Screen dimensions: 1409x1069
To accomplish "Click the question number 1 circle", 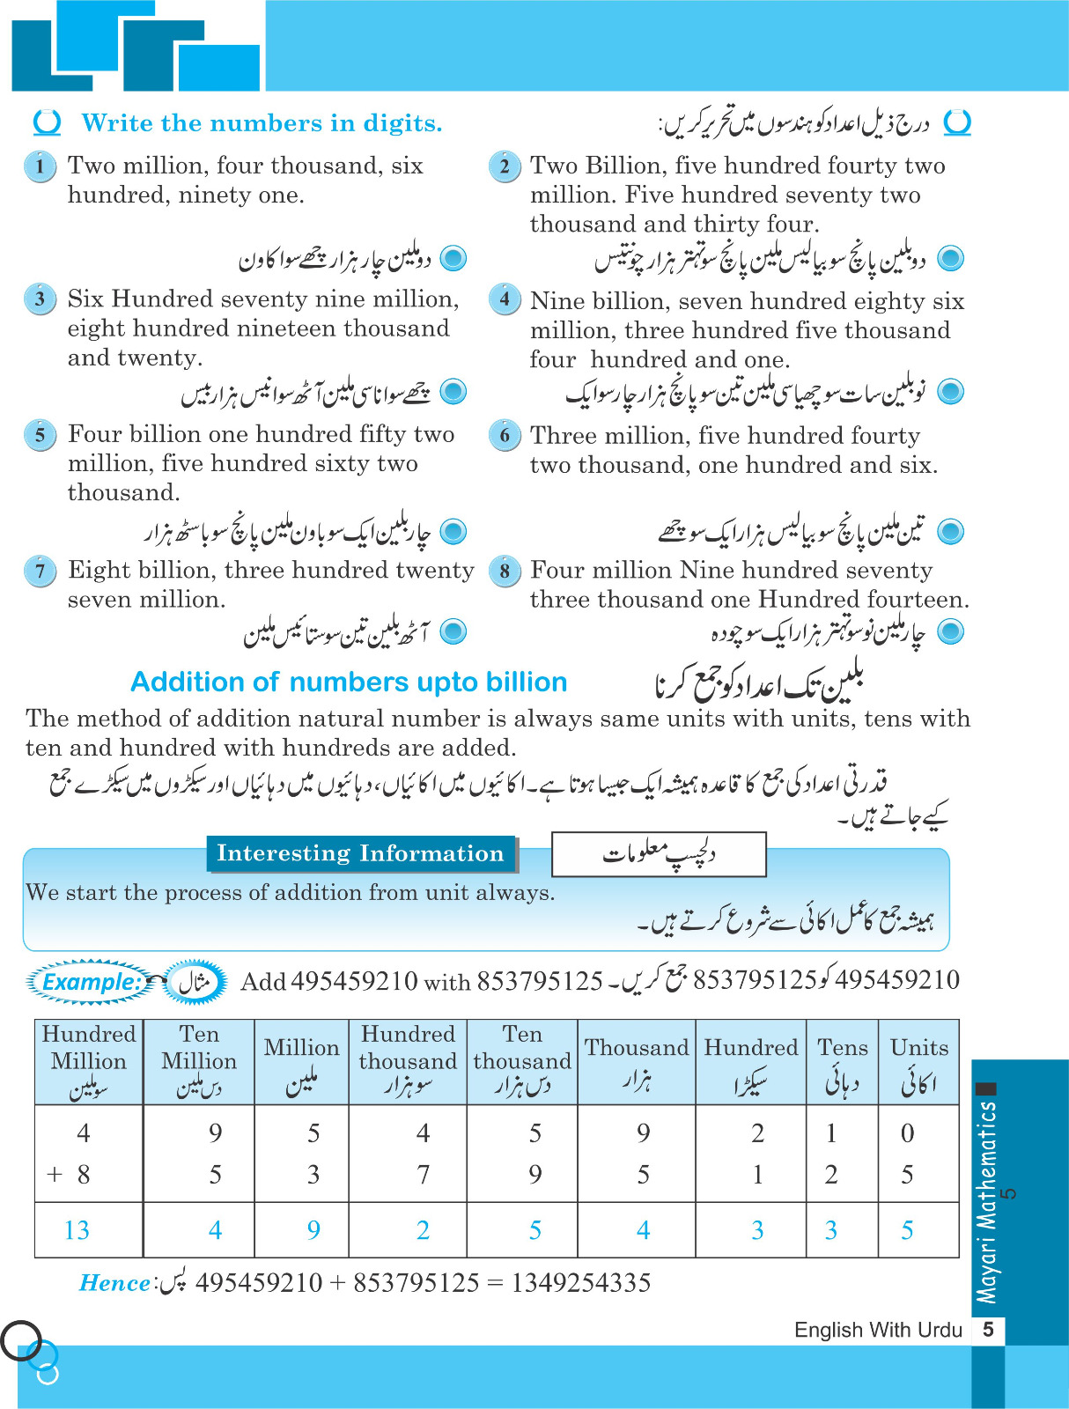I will pos(40,166).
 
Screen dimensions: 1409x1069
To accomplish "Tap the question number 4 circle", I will pos(505,299).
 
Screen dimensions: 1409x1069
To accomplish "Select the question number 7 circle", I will pos(40,571).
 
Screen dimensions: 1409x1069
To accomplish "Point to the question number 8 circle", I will pos(505,571).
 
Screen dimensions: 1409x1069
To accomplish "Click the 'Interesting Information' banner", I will pos(360,853).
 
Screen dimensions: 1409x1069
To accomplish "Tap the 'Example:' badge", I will pos(92,982).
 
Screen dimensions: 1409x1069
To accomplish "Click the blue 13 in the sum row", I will pos(77,1230).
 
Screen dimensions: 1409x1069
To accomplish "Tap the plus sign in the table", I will pos(55,1174).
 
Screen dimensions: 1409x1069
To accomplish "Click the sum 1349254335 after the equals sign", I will pos(580,1282).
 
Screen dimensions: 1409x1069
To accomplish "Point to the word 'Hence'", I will pos(114,1283).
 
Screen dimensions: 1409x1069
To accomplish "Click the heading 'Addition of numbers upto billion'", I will pos(349,682).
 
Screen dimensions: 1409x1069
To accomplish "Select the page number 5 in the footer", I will pos(988,1330).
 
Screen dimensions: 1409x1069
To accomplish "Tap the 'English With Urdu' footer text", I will pos(878,1330).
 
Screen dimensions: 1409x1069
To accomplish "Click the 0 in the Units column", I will pos(908,1133).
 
